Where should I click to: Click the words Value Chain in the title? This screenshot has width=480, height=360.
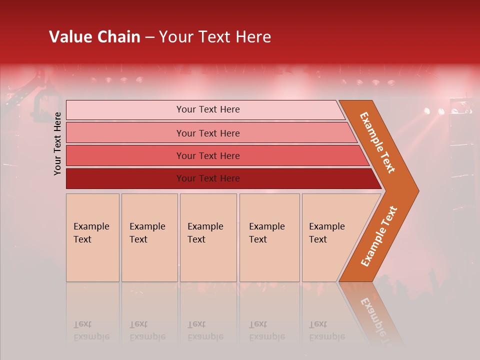click(94, 37)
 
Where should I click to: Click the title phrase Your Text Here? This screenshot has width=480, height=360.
click(215, 37)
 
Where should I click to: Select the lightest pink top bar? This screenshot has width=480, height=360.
click(205, 110)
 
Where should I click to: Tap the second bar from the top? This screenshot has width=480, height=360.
click(210, 133)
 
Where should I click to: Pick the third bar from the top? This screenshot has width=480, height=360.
click(215, 155)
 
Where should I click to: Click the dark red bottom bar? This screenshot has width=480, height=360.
click(220, 178)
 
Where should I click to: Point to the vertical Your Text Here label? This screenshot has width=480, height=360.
click(57, 144)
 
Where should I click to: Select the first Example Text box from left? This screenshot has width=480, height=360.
click(92, 237)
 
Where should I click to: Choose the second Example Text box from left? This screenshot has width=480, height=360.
click(149, 237)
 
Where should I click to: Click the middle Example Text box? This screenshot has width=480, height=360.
click(208, 237)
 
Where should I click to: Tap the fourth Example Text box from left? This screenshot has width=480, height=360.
click(269, 237)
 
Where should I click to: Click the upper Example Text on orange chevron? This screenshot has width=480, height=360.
click(377, 142)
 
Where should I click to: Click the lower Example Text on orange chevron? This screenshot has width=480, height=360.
click(379, 236)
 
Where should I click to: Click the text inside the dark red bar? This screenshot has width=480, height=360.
click(208, 178)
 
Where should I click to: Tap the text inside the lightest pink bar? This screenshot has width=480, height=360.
click(208, 109)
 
